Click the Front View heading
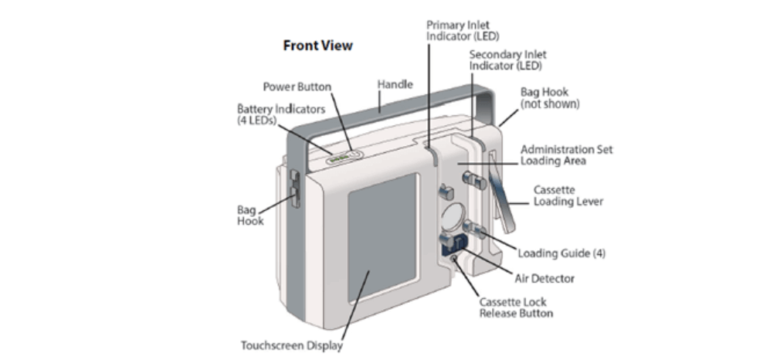tap(317, 46)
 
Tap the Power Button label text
tap(297, 87)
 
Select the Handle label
tap(395, 83)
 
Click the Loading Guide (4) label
tap(562, 253)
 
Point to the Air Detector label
tap(545, 278)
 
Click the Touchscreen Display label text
tap(292, 346)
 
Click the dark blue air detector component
tap(450, 244)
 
